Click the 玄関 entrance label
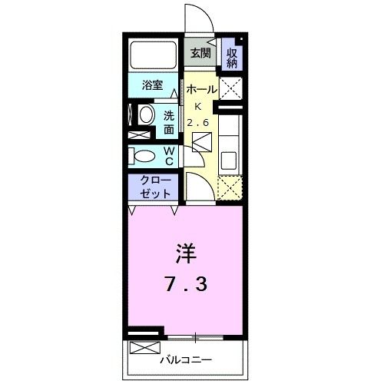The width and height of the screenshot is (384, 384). [x=200, y=54]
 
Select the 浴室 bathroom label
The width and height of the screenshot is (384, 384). [x=153, y=86]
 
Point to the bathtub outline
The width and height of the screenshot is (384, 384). [x=154, y=54]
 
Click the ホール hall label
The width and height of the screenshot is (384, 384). [x=203, y=90]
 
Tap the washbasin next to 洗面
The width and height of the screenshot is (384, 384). [x=146, y=115]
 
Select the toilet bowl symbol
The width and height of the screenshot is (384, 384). [x=143, y=157]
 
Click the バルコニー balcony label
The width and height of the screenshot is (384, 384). [x=186, y=359]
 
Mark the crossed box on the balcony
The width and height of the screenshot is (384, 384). [x=144, y=348]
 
